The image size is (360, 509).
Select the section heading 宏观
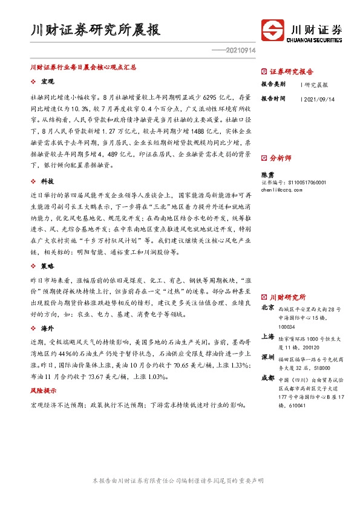(47, 81)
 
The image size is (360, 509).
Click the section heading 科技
(47, 181)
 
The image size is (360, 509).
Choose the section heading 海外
(47, 328)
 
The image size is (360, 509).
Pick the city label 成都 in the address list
(267, 378)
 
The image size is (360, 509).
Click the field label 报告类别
(273, 84)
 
